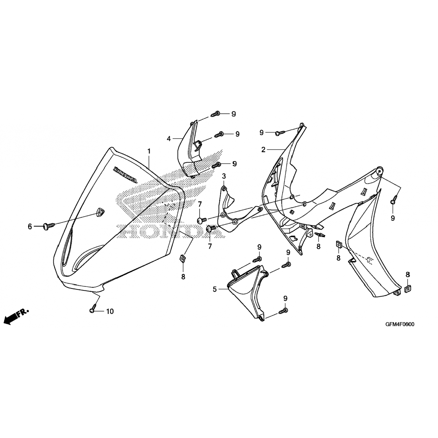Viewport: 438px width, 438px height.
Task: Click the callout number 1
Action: [149, 151]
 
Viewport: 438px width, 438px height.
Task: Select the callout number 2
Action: [263, 150]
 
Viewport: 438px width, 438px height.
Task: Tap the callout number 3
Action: [224, 176]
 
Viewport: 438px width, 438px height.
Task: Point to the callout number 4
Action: [168, 139]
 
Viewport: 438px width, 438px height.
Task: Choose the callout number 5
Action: [215, 289]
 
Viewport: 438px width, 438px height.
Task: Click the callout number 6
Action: [30, 226]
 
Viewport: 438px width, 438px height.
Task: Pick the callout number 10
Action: [109, 312]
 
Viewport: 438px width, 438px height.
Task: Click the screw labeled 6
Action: [49, 225]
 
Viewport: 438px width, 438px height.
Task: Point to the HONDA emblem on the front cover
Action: [125, 175]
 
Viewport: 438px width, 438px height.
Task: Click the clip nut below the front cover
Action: [182, 258]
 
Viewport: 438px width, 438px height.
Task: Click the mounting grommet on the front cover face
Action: [100, 212]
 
